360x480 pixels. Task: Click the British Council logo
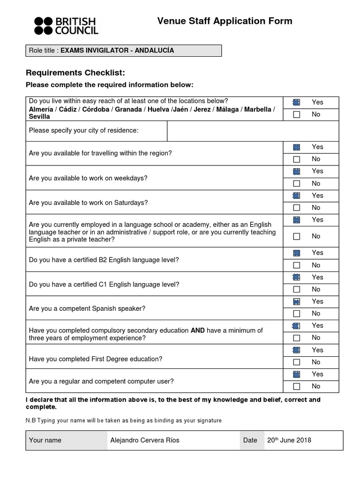pos(66,26)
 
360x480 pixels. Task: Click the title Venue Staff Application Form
pos(225,21)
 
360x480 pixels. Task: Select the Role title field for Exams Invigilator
pos(123,51)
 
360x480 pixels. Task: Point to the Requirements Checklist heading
pos(75,72)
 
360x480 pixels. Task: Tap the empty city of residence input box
pos(253,130)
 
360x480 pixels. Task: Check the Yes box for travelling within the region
pos(296,147)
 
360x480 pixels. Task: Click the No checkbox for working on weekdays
pos(296,184)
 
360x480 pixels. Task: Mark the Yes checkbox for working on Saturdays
pos(296,195)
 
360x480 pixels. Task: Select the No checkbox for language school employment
pos(296,237)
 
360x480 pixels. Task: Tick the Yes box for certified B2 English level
pos(296,253)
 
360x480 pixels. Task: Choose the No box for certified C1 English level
pos(296,290)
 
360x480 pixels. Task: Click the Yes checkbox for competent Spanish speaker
pos(296,301)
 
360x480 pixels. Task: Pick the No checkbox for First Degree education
pos(296,362)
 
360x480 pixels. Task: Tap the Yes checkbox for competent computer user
pos(296,374)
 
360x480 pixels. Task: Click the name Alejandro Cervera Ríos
pos(144,440)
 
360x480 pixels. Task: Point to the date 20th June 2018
pos(289,440)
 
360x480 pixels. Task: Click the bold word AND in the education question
pos(197,330)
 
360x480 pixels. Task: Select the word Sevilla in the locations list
pos(39,117)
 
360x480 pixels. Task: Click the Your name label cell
pos(45,440)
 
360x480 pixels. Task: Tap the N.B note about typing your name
pos(124,420)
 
